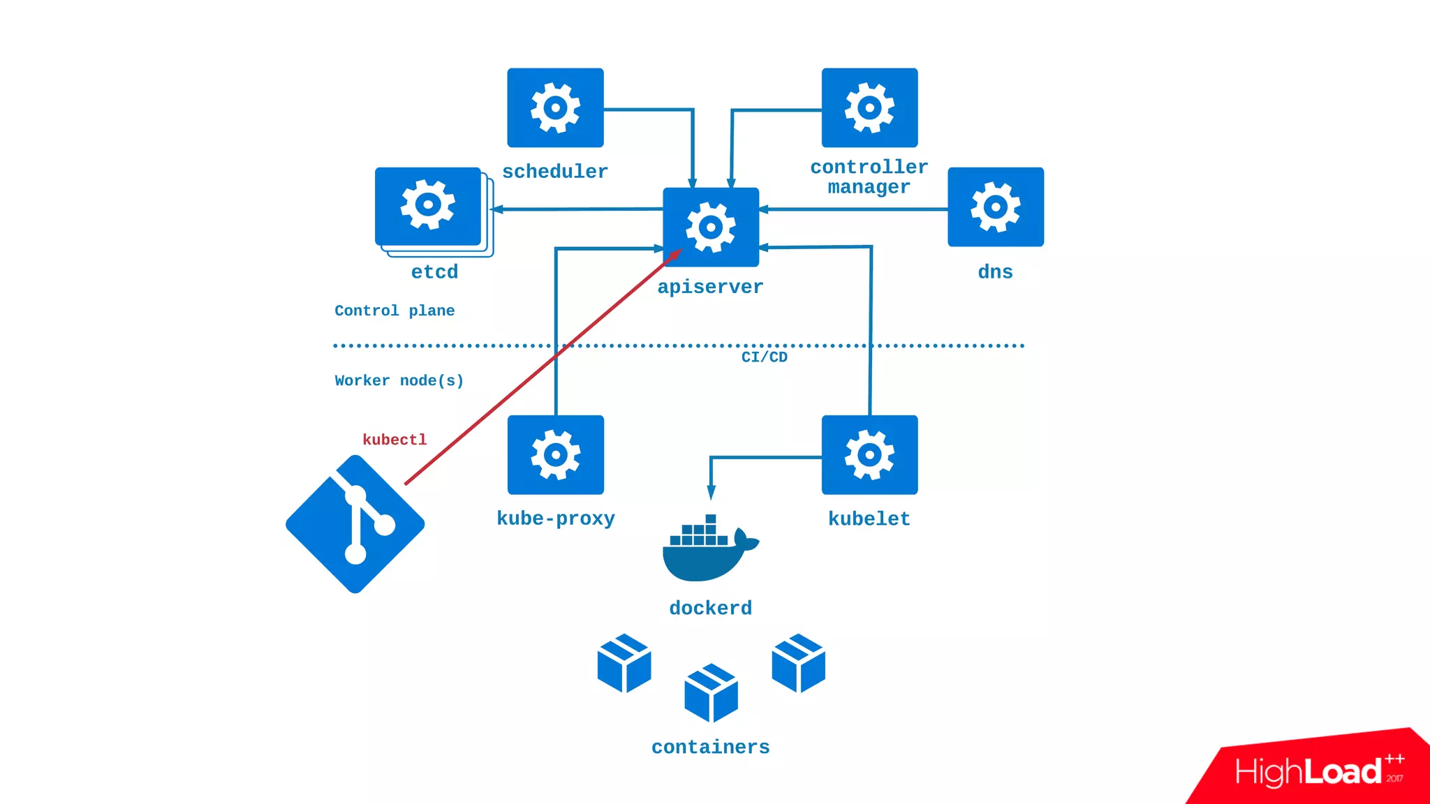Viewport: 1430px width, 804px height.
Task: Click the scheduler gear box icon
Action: tap(555, 107)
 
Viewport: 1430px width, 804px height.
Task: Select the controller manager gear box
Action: tap(869, 107)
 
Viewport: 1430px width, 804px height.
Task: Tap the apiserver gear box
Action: tap(711, 227)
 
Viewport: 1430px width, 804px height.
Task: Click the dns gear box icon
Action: tap(996, 207)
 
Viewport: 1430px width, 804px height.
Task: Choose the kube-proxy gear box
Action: tap(556, 455)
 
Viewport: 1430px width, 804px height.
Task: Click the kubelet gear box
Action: tap(869, 455)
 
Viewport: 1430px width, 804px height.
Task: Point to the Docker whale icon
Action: tap(710, 548)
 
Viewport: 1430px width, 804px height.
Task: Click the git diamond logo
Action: tap(355, 524)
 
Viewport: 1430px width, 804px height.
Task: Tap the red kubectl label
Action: tap(395, 440)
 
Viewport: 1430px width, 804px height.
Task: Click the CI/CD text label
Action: tap(764, 357)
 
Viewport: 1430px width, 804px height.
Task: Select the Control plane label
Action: tap(395, 311)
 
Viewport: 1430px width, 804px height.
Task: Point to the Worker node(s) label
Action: tap(399, 380)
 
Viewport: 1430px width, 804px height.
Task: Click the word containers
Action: tap(710, 747)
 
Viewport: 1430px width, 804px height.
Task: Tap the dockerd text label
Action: tap(710, 608)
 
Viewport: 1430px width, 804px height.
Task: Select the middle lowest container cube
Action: tap(711, 693)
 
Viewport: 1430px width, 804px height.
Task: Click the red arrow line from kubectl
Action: tap(543, 366)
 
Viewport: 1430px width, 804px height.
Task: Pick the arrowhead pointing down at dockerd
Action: tap(711, 493)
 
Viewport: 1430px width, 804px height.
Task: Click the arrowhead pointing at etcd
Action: tap(497, 209)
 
